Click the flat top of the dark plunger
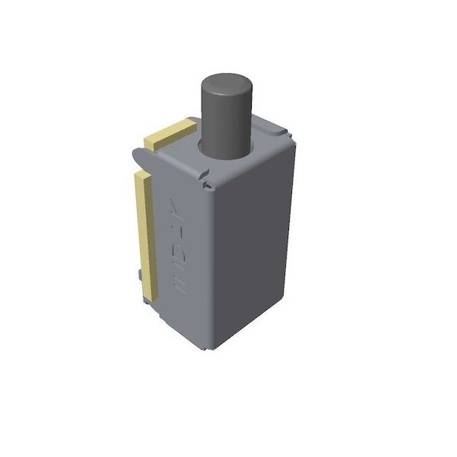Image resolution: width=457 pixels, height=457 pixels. (226, 83)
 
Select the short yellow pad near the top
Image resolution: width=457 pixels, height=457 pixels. (169, 134)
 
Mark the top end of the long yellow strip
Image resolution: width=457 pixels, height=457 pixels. (142, 177)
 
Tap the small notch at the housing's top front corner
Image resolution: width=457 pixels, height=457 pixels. (206, 181)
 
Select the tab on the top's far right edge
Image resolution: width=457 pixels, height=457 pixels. (287, 135)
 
